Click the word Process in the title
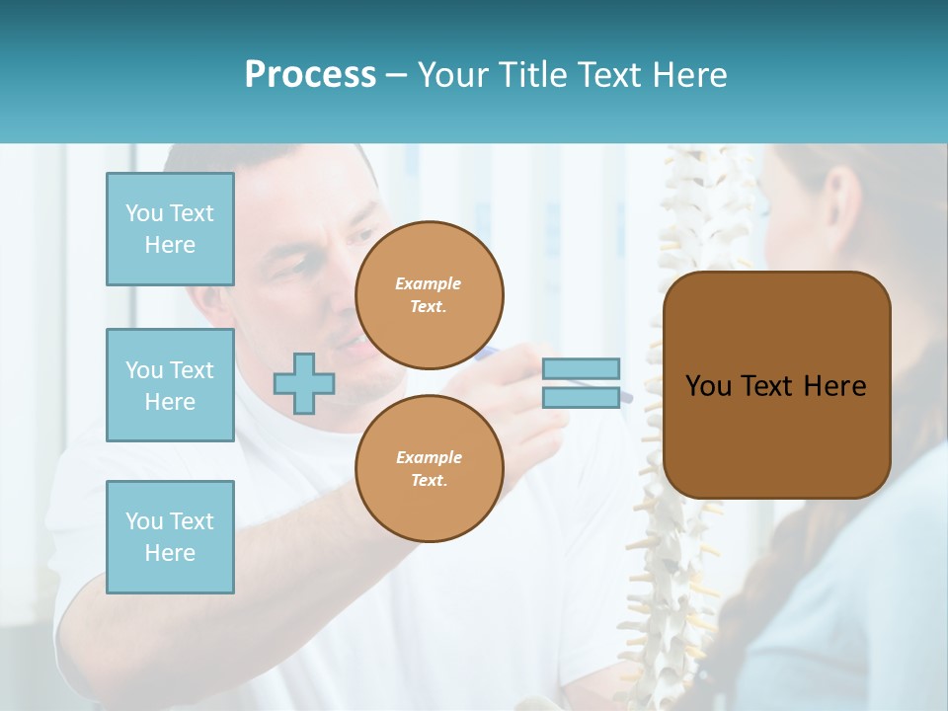pyautogui.click(x=310, y=75)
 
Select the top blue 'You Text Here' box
pyautogui.click(x=170, y=229)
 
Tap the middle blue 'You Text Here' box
pyautogui.click(x=170, y=385)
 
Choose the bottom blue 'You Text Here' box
pyautogui.click(x=170, y=536)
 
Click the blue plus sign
pyautogui.click(x=304, y=383)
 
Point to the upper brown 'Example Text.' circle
pyautogui.click(x=429, y=295)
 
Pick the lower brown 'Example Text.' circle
pyautogui.click(x=429, y=468)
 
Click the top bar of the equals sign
pyautogui.click(x=581, y=368)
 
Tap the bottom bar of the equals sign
pyautogui.click(x=581, y=397)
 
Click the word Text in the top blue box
pyautogui.click(x=191, y=213)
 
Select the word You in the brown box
pyautogui.click(x=708, y=386)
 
